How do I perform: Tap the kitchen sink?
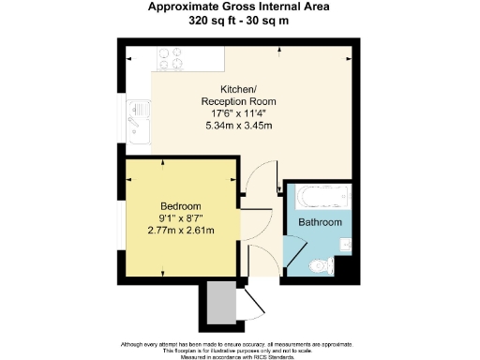(136, 118)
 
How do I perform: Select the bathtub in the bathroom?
(322, 199)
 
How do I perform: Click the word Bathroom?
(320, 222)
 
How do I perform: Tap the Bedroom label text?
(180, 206)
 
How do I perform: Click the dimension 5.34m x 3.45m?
(238, 126)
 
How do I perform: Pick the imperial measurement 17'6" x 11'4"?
(238, 113)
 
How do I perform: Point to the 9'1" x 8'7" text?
(180, 218)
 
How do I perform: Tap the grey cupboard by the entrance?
(218, 304)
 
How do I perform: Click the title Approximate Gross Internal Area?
(239, 7)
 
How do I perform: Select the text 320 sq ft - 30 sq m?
(239, 20)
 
